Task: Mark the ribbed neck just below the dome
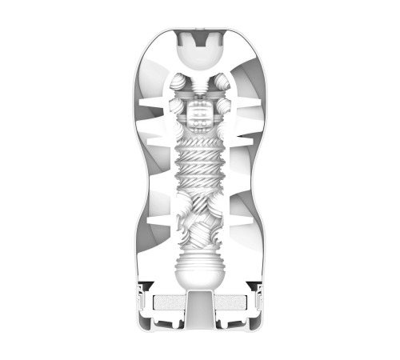[200, 80]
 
